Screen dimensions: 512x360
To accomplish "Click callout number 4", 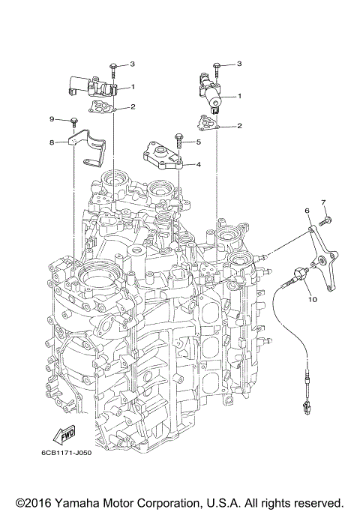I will pyautogui.click(x=199, y=163).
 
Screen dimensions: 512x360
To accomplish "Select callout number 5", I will pyautogui.click(x=199, y=142).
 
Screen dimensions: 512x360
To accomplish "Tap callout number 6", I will pyautogui.click(x=307, y=212).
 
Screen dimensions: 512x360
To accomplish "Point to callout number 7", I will pyautogui.click(x=324, y=202).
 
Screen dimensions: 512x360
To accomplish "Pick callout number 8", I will pyautogui.click(x=52, y=141).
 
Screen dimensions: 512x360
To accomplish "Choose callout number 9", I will pyautogui.click(x=52, y=119).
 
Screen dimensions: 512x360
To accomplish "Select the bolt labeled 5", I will pyautogui.click(x=178, y=140).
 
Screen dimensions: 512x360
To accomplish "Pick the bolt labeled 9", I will pyautogui.click(x=75, y=121).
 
